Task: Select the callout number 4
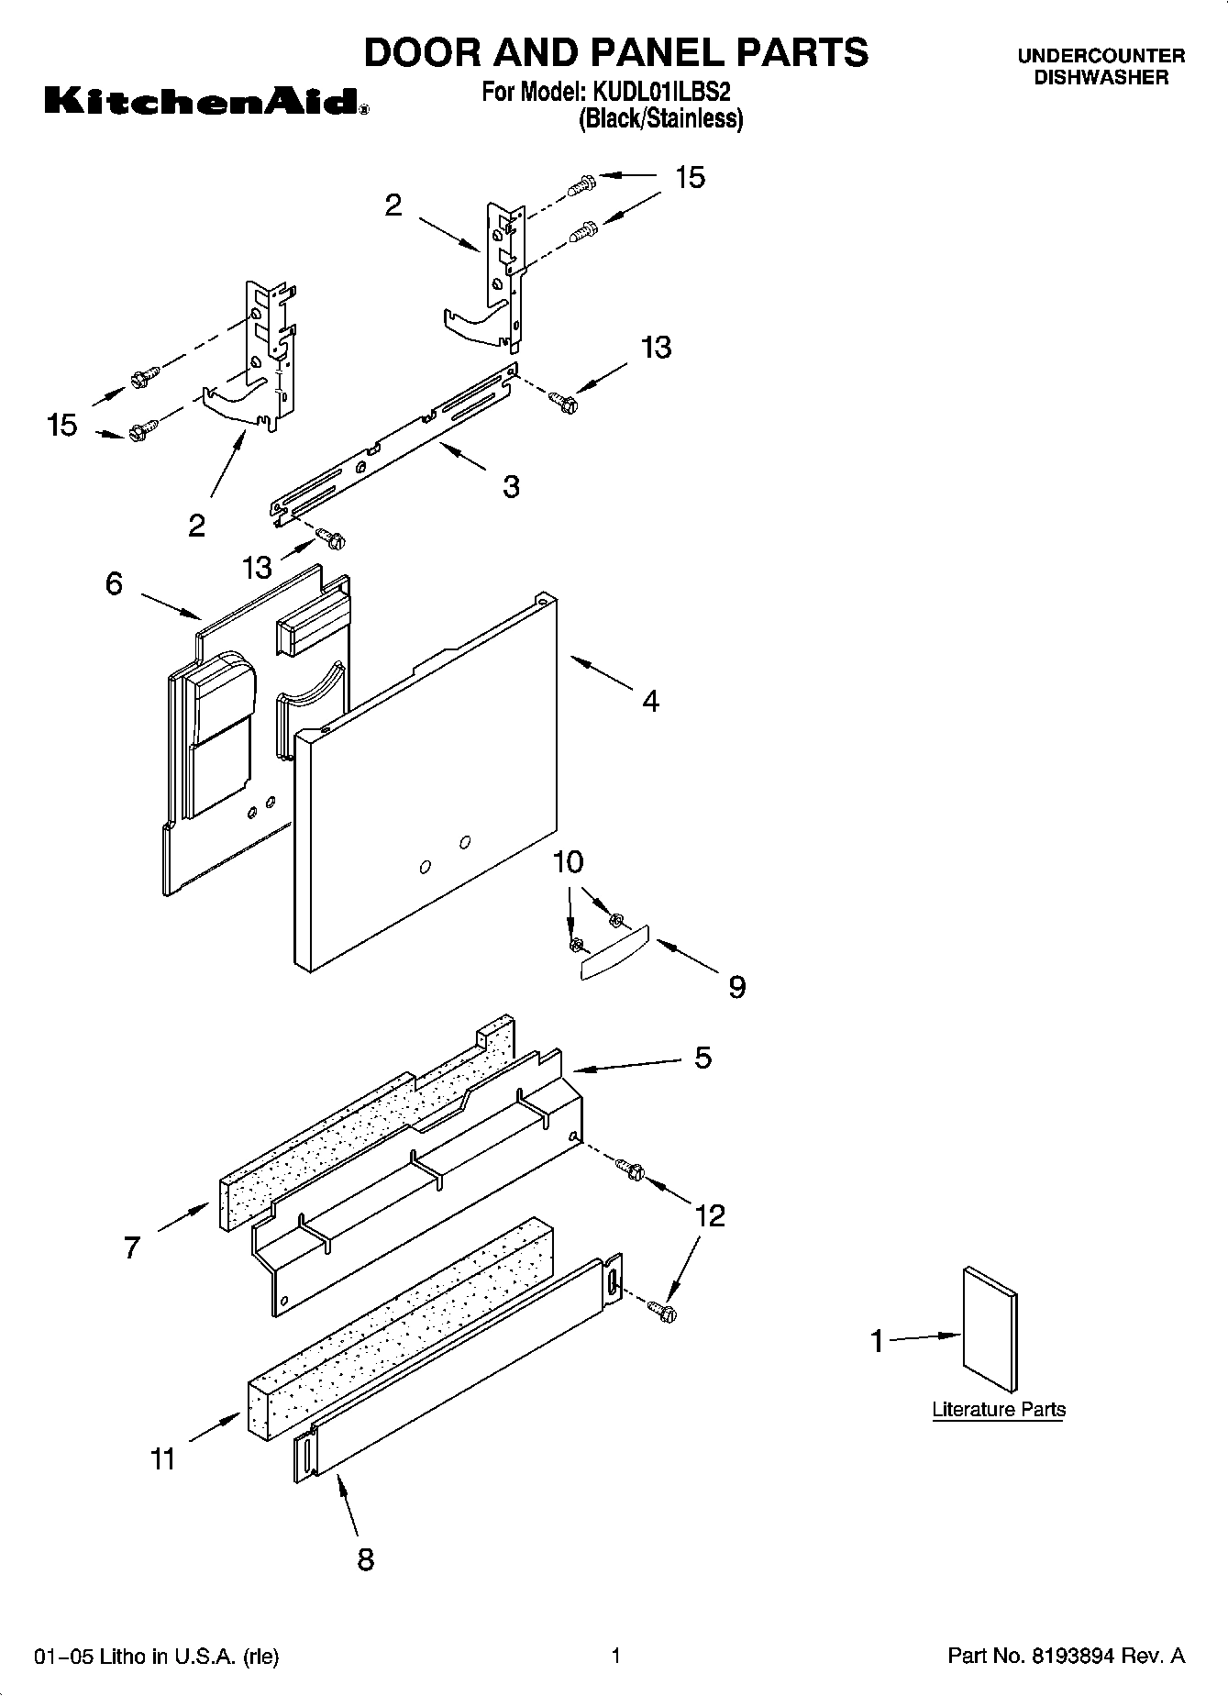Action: pyautogui.click(x=650, y=702)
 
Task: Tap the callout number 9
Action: pyautogui.click(x=736, y=988)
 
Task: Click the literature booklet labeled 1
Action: pyautogui.click(x=990, y=1330)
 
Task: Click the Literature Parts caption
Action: pyautogui.click(x=999, y=1410)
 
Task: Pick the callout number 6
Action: pyautogui.click(x=114, y=583)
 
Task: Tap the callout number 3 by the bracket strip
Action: pyautogui.click(x=511, y=486)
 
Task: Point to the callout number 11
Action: pyautogui.click(x=162, y=1458)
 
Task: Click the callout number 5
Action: pyautogui.click(x=703, y=1058)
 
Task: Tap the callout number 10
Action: pyautogui.click(x=569, y=862)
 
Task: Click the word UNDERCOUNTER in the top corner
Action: pyautogui.click(x=1101, y=56)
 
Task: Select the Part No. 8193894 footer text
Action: pyautogui.click(x=1066, y=1657)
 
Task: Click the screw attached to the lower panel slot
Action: pyautogui.click(x=662, y=1310)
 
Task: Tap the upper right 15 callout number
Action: pyautogui.click(x=690, y=178)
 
